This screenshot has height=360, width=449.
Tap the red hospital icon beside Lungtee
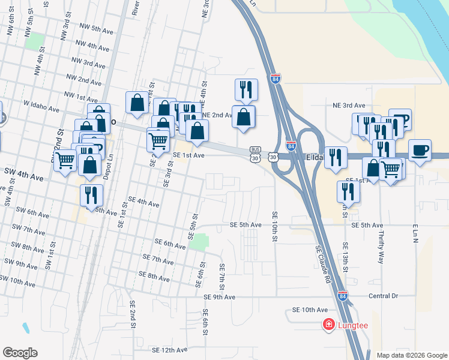(329, 325)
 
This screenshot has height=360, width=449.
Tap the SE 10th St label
(274, 226)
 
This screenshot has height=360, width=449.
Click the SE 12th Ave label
(170, 349)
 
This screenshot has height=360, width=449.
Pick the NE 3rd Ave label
(349, 104)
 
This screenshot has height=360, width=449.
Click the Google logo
(20, 353)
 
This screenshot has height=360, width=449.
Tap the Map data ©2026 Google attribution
(411, 355)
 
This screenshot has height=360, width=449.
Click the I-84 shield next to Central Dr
(342, 296)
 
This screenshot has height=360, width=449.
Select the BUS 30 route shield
(256, 154)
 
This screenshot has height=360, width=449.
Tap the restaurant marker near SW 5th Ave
(91, 196)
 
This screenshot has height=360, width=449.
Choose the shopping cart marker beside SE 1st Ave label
(158, 141)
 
